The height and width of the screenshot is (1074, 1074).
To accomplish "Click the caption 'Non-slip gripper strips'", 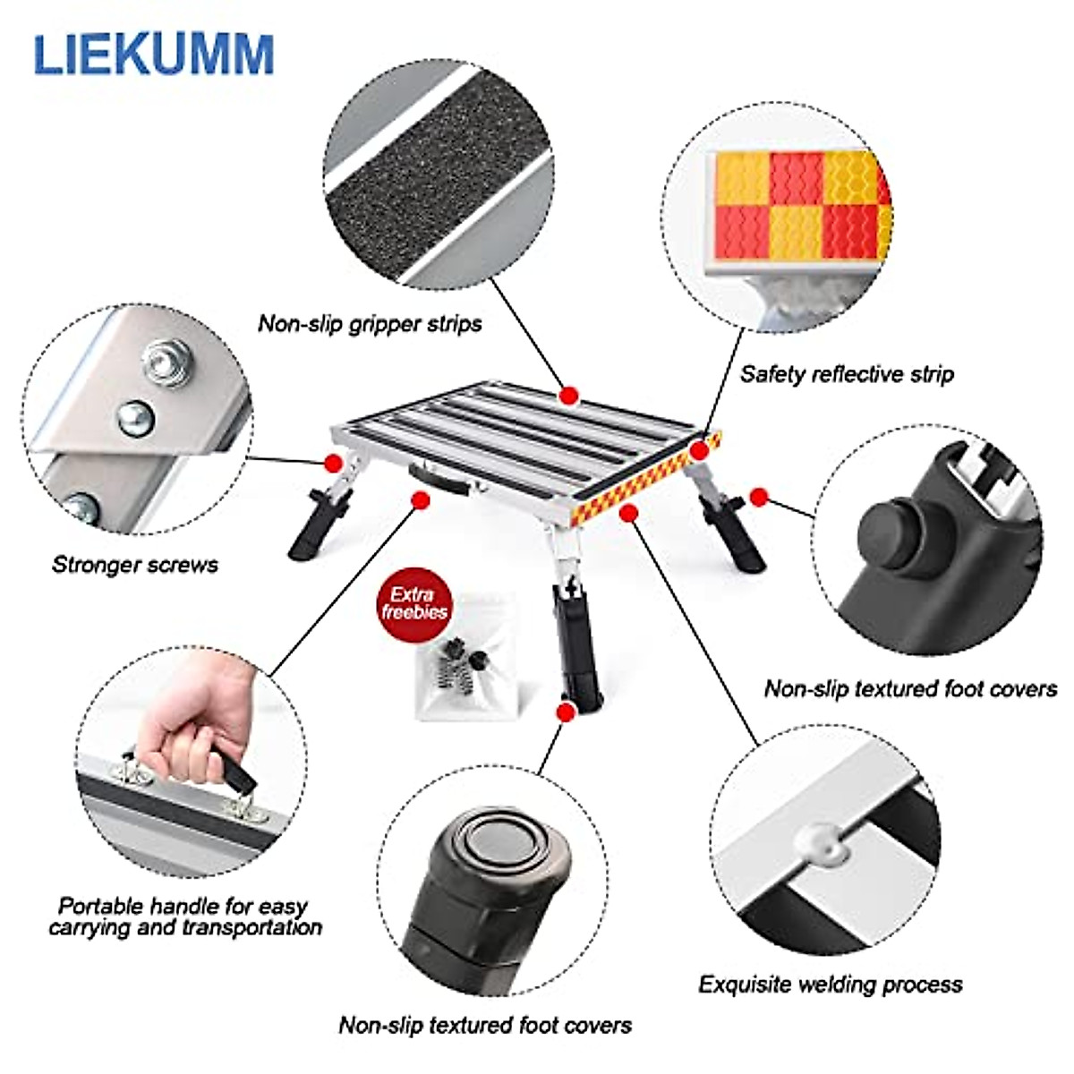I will click(x=370, y=323).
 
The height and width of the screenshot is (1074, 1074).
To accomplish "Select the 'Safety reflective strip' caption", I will click(x=847, y=373).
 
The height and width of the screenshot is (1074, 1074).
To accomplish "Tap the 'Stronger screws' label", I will click(x=134, y=564).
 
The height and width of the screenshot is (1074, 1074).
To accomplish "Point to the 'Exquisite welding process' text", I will click(x=830, y=984).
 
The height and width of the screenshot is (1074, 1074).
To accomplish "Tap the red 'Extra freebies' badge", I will click(x=414, y=604).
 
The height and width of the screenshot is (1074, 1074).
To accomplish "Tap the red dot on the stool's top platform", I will click(x=567, y=396).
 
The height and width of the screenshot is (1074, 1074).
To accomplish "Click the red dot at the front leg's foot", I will click(x=565, y=712).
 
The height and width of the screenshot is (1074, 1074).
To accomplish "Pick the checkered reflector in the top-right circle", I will click(x=797, y=206).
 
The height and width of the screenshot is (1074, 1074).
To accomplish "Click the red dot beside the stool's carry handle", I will click(x=417, y=500).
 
